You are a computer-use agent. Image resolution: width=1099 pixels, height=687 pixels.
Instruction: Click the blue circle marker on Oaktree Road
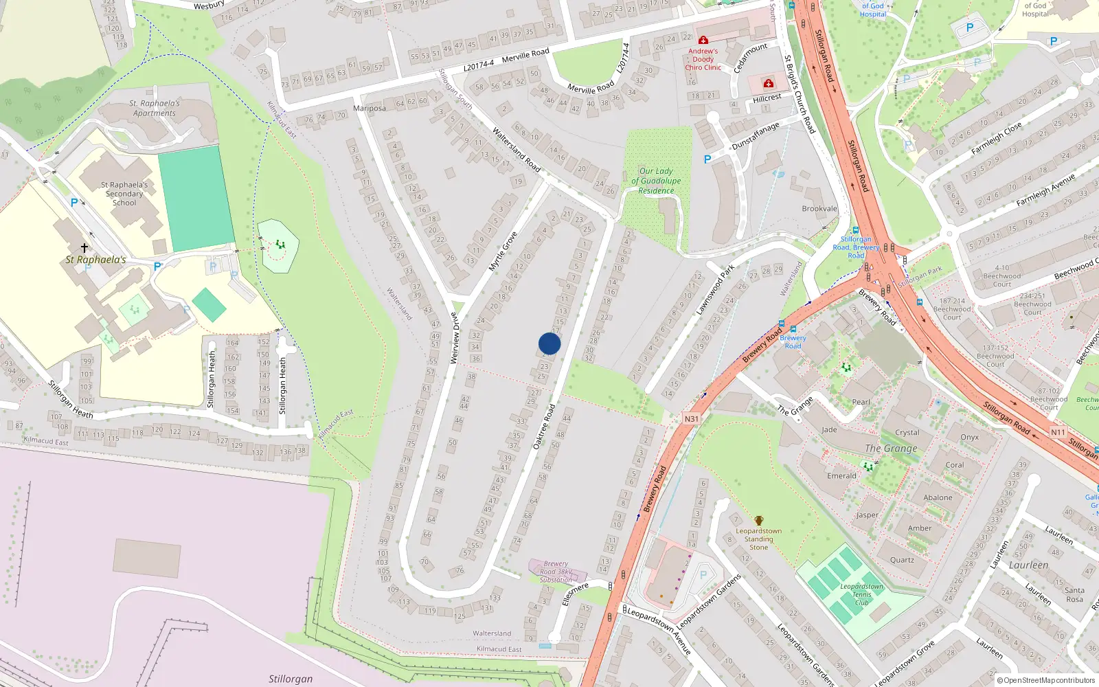click(x=549, y=343)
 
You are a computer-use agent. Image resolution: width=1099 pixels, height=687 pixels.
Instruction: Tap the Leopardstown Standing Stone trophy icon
click(x=758, y=521)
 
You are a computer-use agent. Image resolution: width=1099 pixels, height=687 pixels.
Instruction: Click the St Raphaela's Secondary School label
click(x=124, y=194)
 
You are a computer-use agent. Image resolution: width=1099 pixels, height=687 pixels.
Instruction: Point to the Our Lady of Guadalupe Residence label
click(x=656, y=181)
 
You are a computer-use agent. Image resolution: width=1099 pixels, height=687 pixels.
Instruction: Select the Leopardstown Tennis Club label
click(x=861, y=594)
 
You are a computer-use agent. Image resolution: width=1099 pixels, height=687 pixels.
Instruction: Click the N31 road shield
click(x=691, y=418)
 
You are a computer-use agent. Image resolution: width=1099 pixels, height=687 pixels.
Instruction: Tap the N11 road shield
click(x=1058, y=432)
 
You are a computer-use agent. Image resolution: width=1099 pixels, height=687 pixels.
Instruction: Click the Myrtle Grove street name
click(x=502, y=251)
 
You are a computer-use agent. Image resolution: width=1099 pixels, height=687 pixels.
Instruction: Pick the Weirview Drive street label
click(x=453, y=337)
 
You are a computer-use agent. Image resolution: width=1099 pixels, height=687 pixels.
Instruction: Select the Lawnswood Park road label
click(x=715, y=290)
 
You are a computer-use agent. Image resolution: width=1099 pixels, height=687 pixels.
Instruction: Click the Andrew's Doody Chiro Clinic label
click(x=703, y=59)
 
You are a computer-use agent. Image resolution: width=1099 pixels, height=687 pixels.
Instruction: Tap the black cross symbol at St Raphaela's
click(x=84, y=247)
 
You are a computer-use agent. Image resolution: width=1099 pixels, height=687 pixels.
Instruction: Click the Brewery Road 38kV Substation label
click(x=556, y=572)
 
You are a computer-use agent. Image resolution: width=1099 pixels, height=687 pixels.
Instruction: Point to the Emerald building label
click(x=841, y=475)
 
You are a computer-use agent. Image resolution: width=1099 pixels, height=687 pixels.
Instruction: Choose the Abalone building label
click(x=938, y=497)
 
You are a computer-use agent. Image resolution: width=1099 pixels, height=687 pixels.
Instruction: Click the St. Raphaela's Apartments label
click(x=155, y=109)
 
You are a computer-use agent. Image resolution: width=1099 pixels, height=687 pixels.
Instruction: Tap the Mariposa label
click(x=369, y=109)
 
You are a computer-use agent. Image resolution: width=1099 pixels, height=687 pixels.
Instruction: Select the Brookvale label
click(x=819, y=208)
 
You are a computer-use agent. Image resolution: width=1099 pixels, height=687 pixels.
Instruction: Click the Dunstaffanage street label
click(x=756, y=136)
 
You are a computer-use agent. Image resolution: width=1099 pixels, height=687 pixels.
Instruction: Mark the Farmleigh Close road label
click(x=997, y=138)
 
